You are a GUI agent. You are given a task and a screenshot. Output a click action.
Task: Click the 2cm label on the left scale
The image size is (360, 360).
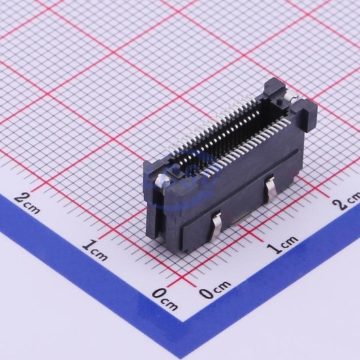(x=27, y=204)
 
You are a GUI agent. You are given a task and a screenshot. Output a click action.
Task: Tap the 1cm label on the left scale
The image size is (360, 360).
(x=95, y=250)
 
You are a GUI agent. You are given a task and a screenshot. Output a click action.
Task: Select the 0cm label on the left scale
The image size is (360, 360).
(x=166, y=299)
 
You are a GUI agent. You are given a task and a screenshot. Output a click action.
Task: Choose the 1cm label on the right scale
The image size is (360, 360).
(x=282, y=244)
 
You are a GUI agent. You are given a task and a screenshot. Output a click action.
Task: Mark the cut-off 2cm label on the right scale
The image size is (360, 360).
(x=347, y=201)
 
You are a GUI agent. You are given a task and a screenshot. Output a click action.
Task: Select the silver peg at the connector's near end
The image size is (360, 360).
(x=162, y=180)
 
